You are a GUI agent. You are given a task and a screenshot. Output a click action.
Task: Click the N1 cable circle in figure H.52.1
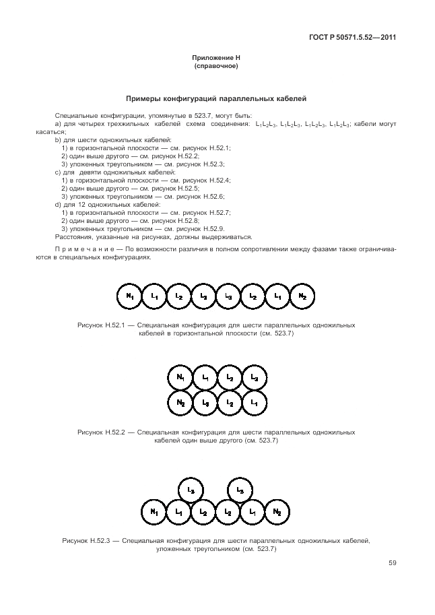point(130,296)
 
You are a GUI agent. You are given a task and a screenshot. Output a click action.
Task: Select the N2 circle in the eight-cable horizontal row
point(302,296)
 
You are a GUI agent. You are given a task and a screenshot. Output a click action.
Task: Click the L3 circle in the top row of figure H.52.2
point(254,378)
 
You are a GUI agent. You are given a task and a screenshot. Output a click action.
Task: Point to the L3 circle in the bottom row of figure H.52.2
point(205,402)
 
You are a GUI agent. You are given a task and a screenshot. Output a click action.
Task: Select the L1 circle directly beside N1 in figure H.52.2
point(205,378)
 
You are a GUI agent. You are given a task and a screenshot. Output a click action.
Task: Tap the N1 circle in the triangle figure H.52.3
point(154,513)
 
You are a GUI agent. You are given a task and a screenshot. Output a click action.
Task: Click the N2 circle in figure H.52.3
point(277,513)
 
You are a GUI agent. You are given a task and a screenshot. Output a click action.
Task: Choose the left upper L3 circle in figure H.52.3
point(191,490)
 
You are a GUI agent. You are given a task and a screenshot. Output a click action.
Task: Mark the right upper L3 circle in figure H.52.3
point(241,490)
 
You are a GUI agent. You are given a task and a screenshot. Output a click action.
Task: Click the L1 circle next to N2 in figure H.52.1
point(277,296)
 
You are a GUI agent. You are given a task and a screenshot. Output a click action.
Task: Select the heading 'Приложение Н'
point(217,59)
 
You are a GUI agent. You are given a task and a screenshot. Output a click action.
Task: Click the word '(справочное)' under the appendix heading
point(217,67)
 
